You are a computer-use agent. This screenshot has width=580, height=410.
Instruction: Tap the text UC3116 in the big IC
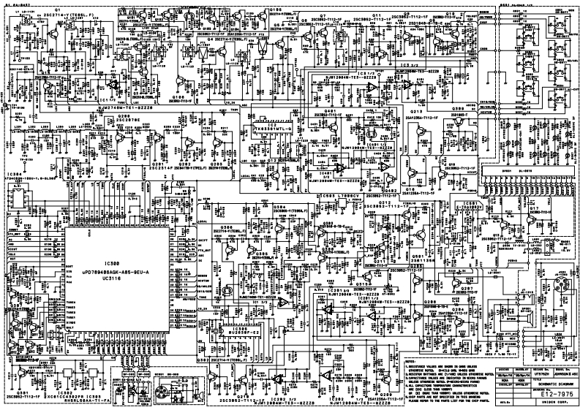[111, 279]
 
